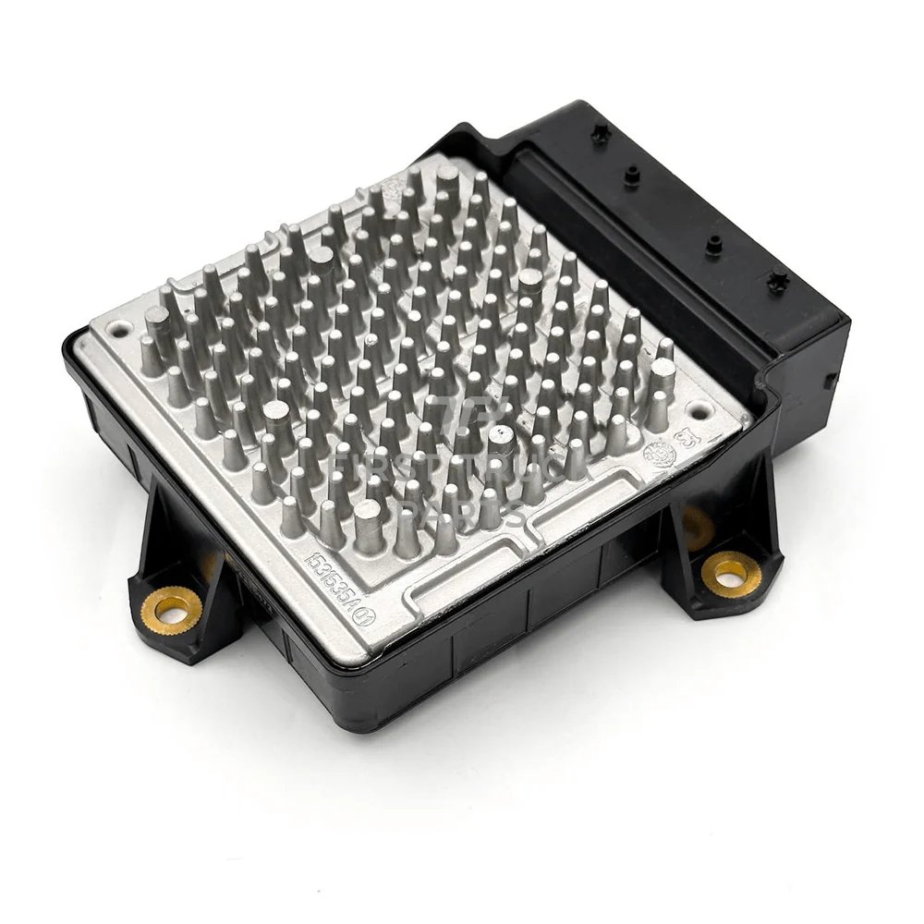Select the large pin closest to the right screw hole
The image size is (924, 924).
(662, 381)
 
